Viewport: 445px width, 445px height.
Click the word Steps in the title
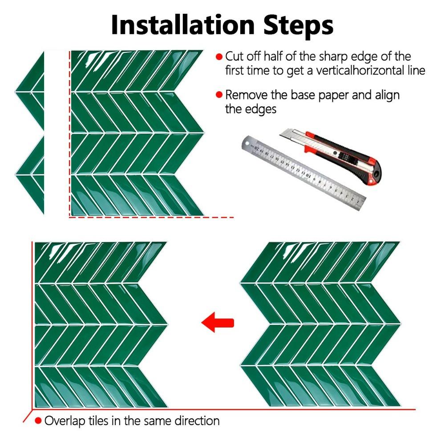(x=298, y=25)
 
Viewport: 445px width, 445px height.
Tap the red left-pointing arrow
(x=218, y=322)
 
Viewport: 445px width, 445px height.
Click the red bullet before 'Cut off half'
(x=219, y=57)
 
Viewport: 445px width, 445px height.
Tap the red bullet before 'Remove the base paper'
(x=219, y=94)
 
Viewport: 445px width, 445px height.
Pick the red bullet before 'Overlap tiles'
(x=38, y=421)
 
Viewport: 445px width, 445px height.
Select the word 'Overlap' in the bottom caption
(x=65, y=421)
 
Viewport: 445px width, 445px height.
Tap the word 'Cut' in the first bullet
(x=235, y=57)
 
